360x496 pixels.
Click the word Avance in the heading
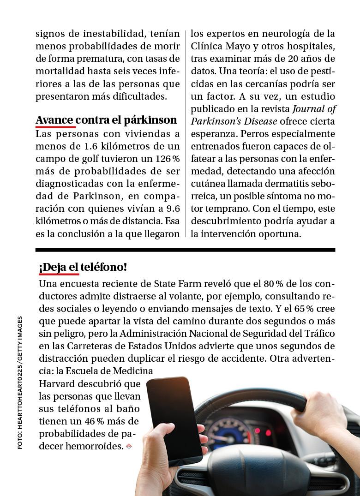click(54, 120)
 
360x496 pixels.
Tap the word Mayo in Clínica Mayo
click(238, 47)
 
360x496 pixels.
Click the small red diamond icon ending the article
click(129, 446)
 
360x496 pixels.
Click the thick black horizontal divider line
click(185, 250)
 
